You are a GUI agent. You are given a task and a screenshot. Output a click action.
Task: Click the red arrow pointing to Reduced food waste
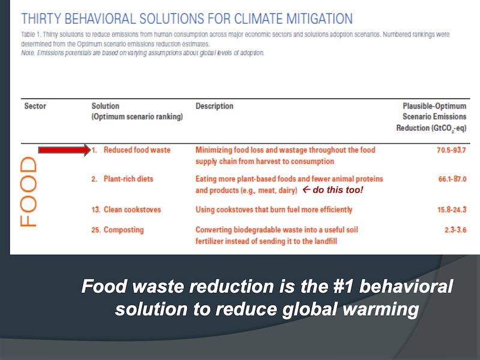(65, 150)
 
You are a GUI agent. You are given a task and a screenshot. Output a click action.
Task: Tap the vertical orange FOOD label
(28, 192)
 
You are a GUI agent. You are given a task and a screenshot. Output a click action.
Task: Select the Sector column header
(35, 106)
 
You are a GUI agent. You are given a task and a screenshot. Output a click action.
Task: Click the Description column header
(214, 106)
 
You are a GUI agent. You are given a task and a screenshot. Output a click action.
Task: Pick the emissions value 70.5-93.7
(451, 150)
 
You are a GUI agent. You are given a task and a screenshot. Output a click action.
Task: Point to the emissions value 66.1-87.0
(452, 179)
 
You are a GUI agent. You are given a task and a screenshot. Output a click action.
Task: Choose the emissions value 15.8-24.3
(452, 209)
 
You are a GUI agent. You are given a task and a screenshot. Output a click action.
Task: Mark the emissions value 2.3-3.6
(455, 230)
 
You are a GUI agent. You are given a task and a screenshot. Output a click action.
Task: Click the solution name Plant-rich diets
(128, 179)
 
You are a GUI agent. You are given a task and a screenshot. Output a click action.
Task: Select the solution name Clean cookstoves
(132, 209)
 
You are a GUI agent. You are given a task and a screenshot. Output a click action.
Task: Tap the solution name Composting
(124, 230)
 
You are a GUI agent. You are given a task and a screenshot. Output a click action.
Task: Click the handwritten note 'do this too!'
(338, 190)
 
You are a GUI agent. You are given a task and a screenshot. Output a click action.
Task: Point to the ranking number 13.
(95, 209)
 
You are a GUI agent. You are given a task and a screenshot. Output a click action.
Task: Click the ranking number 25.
(96, 230)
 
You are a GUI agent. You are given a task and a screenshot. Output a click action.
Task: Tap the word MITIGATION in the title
(319, 19)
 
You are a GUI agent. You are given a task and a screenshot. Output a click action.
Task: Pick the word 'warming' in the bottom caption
(381, 309)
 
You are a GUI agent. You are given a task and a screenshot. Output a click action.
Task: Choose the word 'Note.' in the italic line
(28, 53)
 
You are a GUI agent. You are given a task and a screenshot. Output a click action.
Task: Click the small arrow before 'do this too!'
(307, 190)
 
